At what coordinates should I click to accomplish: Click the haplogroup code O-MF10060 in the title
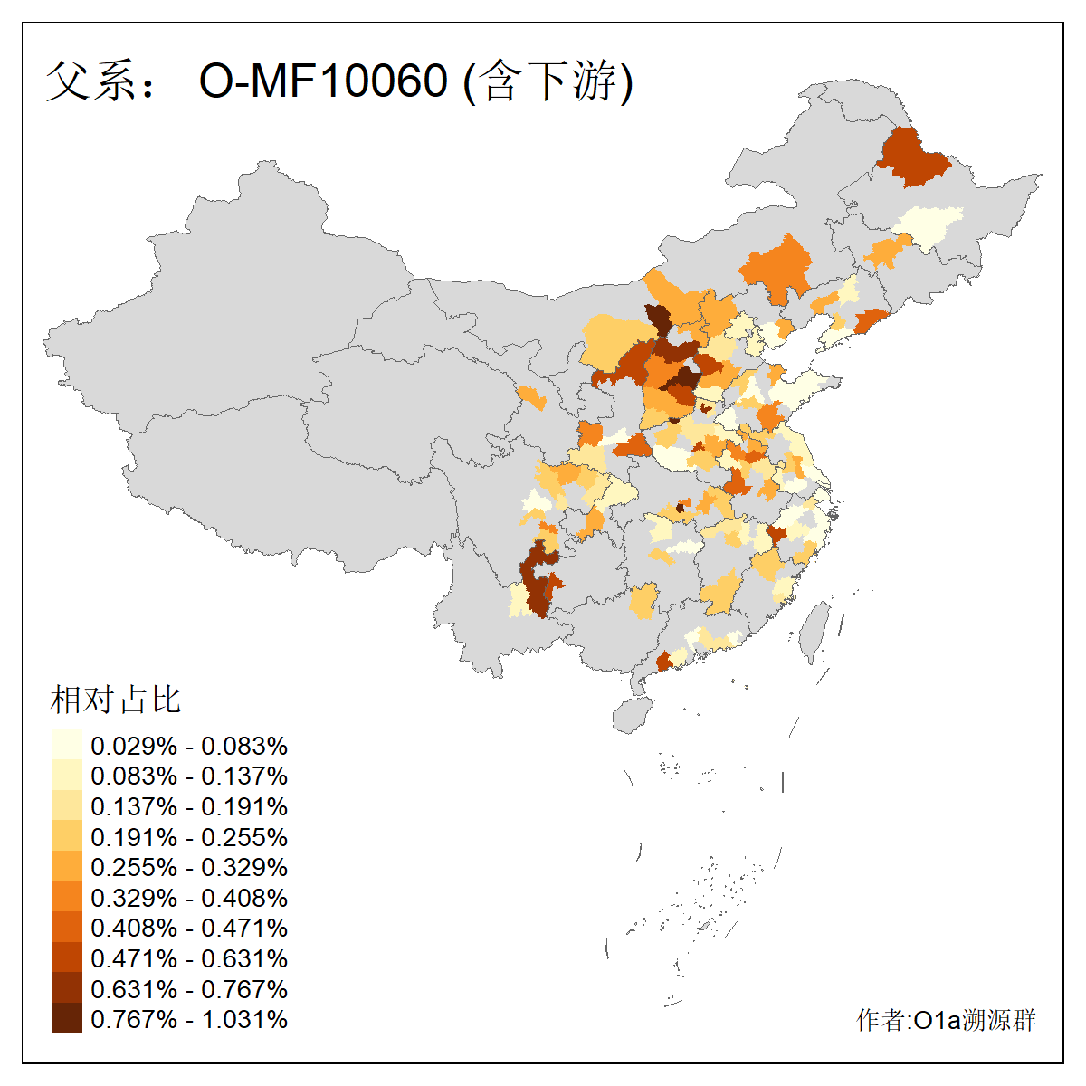point(323,81)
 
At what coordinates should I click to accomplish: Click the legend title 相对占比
point(116,700)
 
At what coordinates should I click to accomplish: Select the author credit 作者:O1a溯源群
point(946,1020)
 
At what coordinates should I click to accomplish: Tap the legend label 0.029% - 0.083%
point(189,746)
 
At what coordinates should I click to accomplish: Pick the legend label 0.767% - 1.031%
point(189,1019)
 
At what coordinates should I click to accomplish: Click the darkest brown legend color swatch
point(67,1019)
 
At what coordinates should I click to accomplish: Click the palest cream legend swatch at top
point(67,746)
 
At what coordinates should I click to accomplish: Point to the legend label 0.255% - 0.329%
point(189,867)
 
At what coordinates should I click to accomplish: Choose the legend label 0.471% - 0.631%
point(189,958)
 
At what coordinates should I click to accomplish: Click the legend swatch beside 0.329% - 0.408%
point(67,898)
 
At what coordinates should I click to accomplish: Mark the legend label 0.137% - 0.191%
point(189,806)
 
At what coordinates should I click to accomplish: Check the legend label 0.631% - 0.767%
point(189,989)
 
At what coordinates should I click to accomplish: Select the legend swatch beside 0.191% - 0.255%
point(67,837)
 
